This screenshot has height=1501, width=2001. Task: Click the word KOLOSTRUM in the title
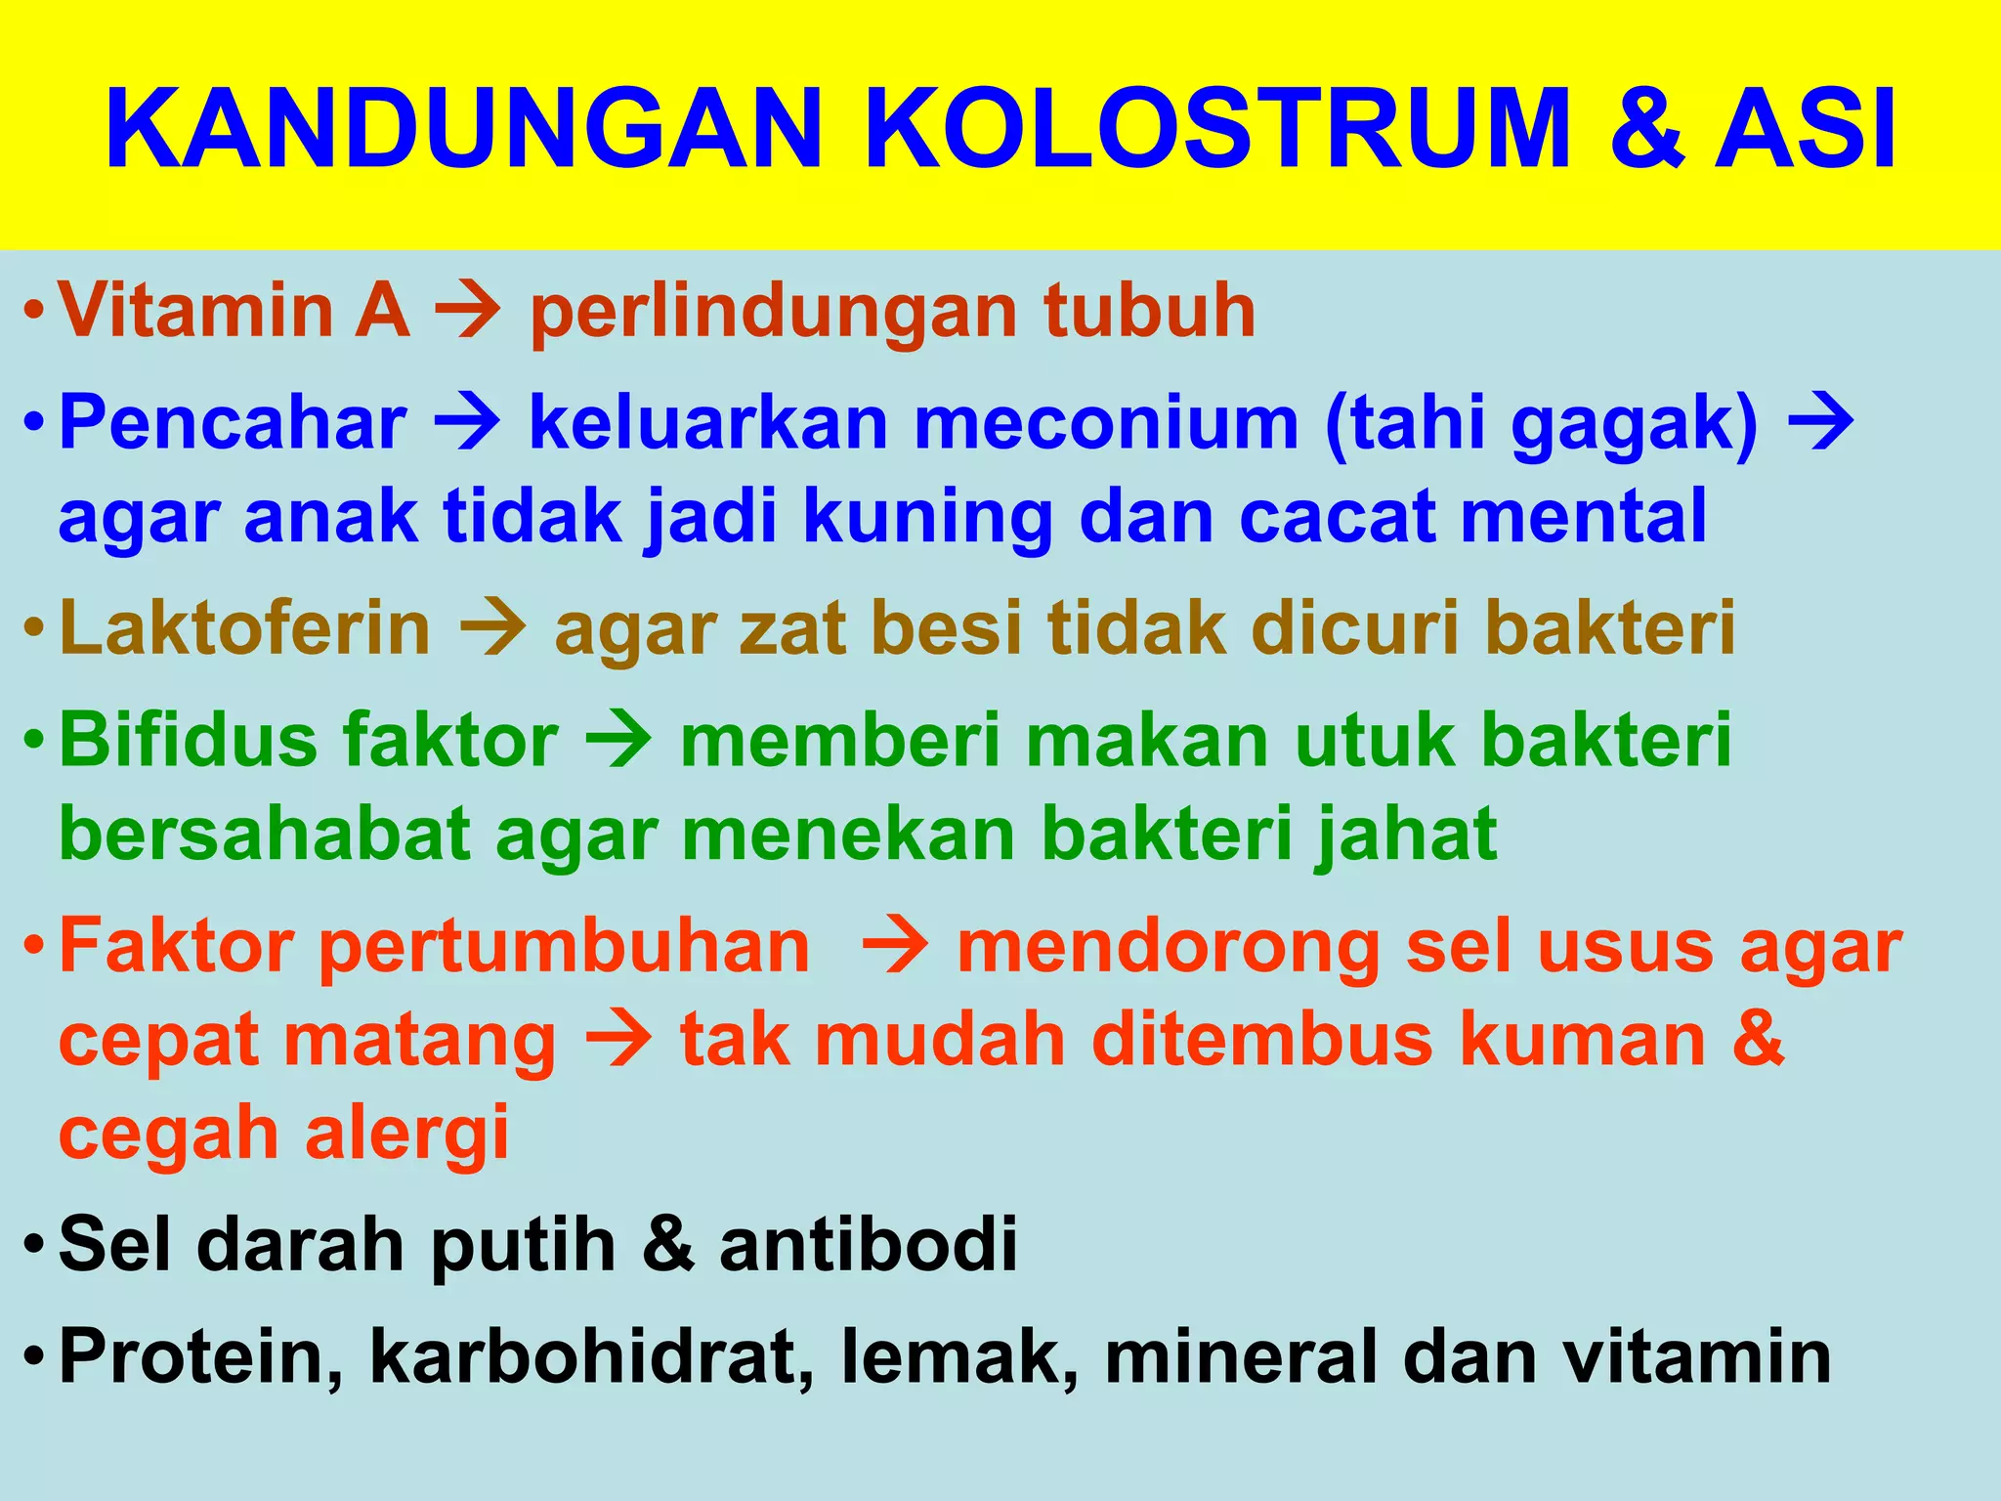[1215, 130]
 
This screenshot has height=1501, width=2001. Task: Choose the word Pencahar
[233, 423]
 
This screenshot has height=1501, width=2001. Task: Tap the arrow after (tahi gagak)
[1819, 423]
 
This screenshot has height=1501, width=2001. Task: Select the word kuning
[928, 518]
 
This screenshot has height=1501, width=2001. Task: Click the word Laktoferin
[244, 627]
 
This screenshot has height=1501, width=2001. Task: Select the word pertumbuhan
[565, 948]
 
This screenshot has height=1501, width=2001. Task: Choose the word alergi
[407, 1133]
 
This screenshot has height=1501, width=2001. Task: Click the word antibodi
[869, 1244]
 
